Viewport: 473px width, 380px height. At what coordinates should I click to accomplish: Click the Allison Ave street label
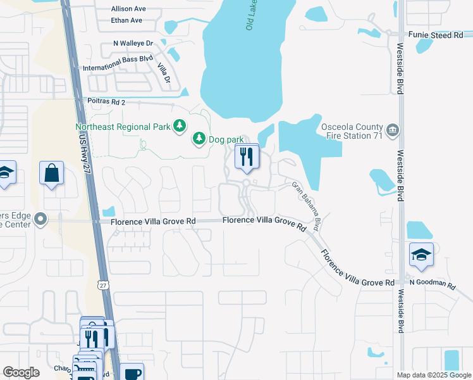coord(128,9)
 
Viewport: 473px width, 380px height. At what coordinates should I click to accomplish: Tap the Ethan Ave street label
coord(126,20)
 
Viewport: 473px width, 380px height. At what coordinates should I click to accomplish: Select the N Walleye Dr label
coord(133,43)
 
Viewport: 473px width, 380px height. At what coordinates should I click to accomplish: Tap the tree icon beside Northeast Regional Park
coord(180,127)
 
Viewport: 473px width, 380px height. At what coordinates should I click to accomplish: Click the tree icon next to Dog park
coord(199,138)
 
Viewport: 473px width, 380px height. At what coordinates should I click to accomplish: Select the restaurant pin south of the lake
coord(247,156)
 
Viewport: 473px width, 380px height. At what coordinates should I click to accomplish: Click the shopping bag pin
coord(51,173)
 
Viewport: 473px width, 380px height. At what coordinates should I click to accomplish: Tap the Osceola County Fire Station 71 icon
coord(393,130)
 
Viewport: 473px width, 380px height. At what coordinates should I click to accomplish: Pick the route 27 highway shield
coord(102,286)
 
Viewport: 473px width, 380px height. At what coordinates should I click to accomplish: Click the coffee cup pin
coord(132,372)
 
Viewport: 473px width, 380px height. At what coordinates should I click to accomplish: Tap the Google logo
coord(21,372)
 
